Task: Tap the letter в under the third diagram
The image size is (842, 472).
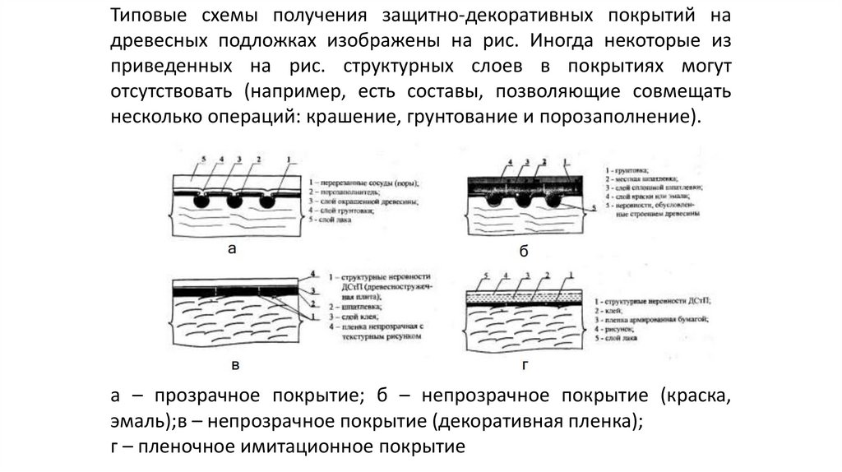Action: click(235, 364)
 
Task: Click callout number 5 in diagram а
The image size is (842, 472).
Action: click(201, 158)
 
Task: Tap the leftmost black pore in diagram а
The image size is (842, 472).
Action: click(199, 200)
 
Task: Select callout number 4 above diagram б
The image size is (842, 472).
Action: click(511, 162)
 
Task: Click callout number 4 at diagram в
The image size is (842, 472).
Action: click(313, 272)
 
